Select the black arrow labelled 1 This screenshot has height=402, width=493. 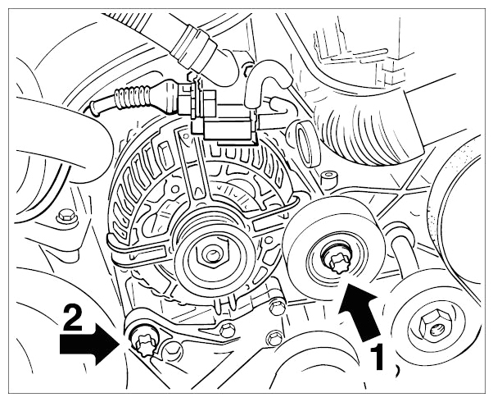tap(360, 311)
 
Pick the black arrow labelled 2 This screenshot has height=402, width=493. tap(89, 344)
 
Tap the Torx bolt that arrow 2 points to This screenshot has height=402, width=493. tap(143, 344)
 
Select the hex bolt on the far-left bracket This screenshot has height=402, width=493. tap(67, 217)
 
